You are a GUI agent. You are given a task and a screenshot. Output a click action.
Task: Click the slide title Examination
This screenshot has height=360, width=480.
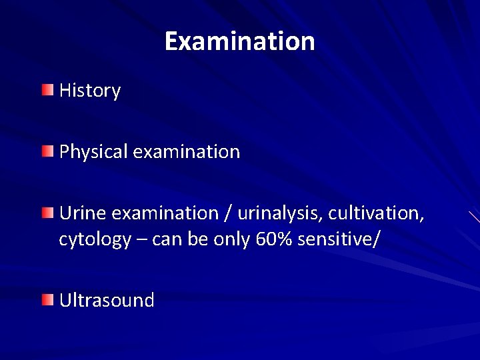(239, 41)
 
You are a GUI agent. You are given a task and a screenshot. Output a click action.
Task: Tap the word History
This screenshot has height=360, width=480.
(90, 91)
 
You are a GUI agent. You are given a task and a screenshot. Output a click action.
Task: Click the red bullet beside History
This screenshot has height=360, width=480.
(47, 90)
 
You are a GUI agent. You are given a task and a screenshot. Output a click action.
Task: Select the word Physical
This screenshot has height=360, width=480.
(93, 152)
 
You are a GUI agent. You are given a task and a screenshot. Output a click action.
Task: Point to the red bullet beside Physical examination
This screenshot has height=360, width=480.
(47, 151)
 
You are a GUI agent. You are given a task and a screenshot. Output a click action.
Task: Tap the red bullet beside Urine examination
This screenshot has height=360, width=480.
(47, 213)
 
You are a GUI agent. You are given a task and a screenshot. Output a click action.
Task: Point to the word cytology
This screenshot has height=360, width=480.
(95, 239)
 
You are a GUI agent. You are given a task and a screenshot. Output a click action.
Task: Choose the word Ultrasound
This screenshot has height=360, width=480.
(107, 300)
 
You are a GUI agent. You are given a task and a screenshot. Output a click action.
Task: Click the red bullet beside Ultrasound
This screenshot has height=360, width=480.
(47, 300)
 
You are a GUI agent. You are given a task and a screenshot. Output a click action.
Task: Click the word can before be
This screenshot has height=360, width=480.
(165, 239)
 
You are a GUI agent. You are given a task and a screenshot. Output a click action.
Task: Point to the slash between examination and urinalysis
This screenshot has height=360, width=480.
(229, 213)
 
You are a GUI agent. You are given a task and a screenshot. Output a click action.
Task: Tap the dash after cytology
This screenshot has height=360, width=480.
(141, 239)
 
